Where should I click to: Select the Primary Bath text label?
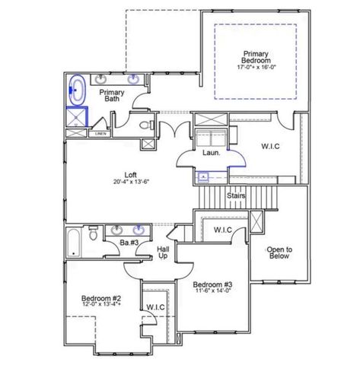[113, 95]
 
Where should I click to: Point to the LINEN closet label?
[100, 133]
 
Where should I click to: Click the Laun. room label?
[211, 152]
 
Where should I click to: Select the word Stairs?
[236, 195]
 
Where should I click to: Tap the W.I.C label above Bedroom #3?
[222, 229]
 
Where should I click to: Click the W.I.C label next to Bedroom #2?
[156, 306]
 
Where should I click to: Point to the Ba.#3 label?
[128, 243]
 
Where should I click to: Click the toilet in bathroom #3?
[92, 236]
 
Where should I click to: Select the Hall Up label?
[163, 252]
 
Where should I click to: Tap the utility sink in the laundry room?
[203, 177]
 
